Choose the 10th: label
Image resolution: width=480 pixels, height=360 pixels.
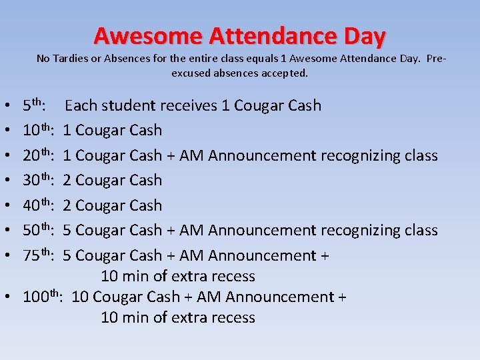(x=38, y=130)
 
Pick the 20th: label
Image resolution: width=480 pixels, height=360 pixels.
(x=38, y=155)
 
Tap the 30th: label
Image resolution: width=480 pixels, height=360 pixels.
(x=38, y=180)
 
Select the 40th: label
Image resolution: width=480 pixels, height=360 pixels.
(x=38, y=205)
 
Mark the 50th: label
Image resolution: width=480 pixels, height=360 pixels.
(x=38, y=230)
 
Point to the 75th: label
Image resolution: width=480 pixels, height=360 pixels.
(x=38, y=255)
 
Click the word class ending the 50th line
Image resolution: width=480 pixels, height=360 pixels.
(x=421, y=230)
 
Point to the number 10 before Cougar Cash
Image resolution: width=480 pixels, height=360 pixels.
(x=79, y=297)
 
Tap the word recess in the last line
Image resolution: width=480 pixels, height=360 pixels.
(x=233, y=317)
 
